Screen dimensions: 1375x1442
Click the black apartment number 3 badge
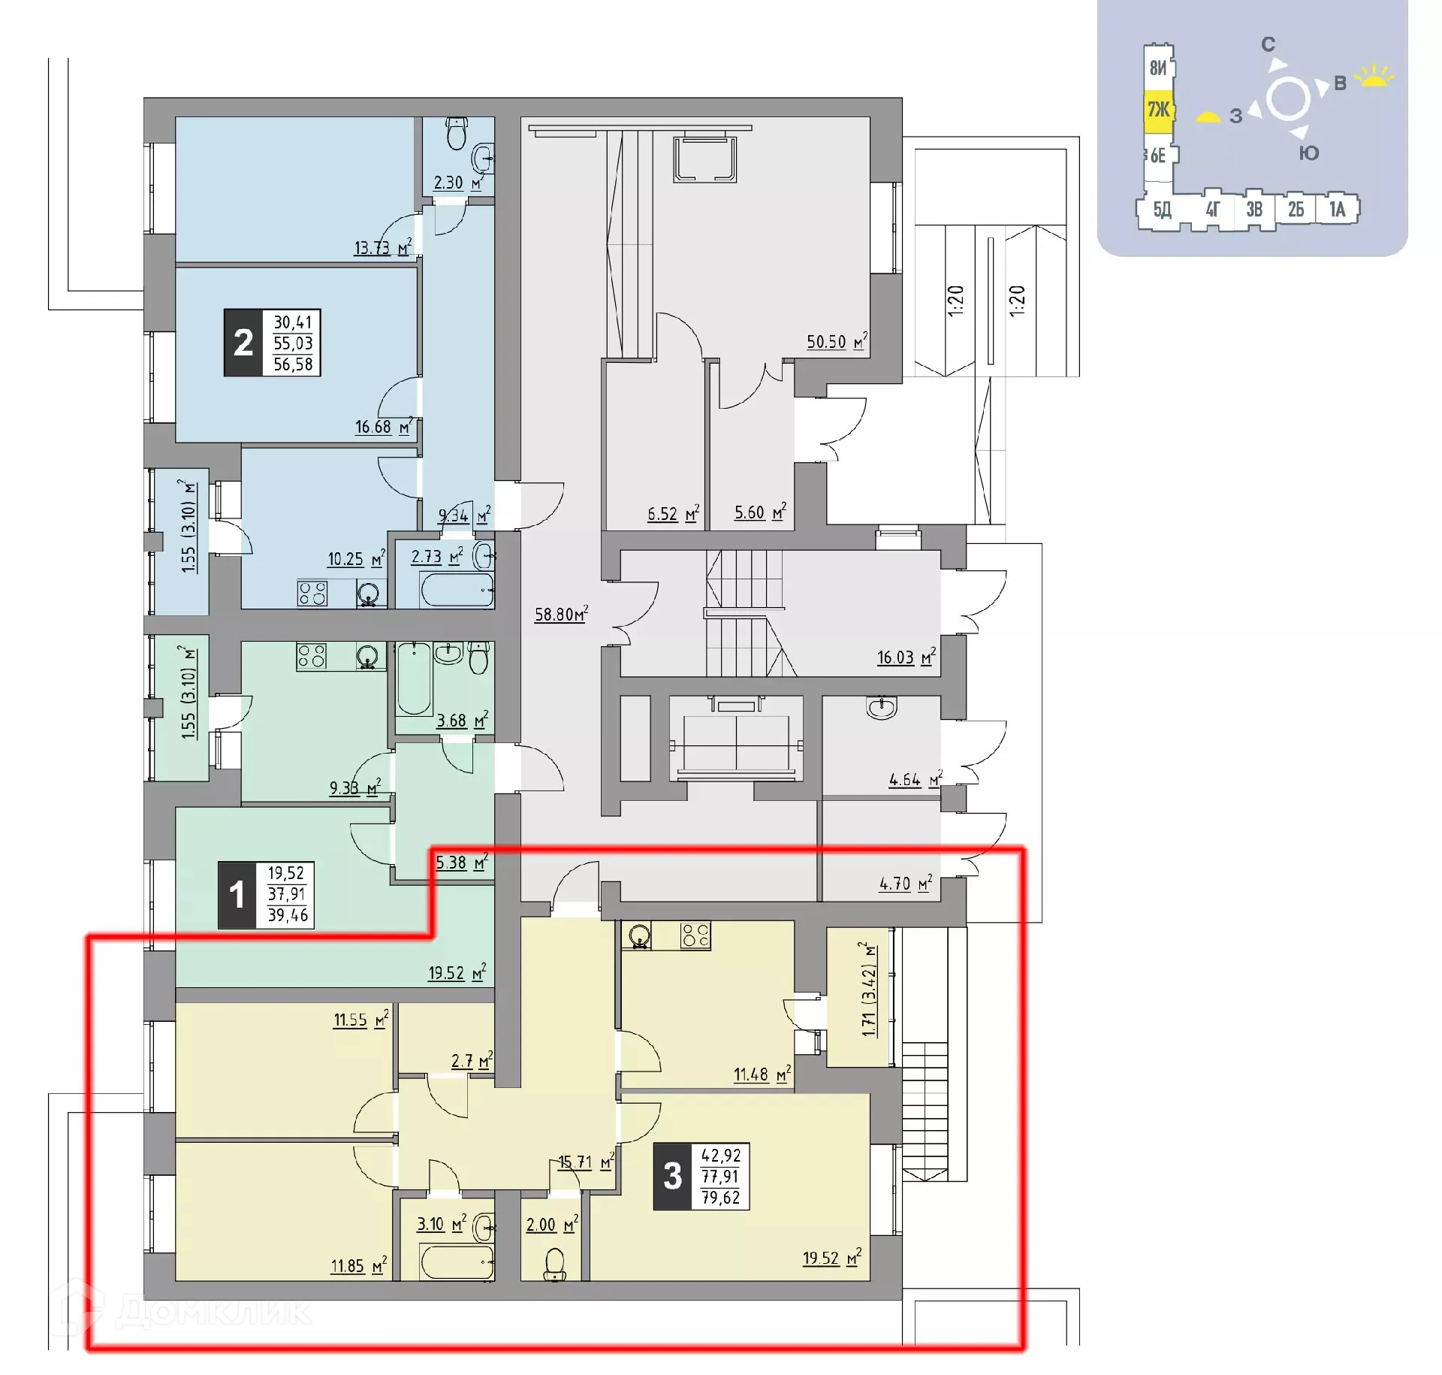coord(672,1176)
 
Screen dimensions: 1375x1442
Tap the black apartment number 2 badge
coord(243,343)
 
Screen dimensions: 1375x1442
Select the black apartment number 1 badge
coord(237,894)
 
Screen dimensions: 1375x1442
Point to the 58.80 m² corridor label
coord(560,614)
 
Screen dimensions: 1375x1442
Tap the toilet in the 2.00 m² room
coord(555,1264)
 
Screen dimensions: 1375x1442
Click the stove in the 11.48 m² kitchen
coord(695,935)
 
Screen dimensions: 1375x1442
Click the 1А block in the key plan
coord(1337,209)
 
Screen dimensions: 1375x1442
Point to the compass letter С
coord(1268,44)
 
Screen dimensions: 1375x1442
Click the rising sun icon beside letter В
coord(1374,76)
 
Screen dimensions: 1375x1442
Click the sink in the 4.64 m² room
coord(881,707)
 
